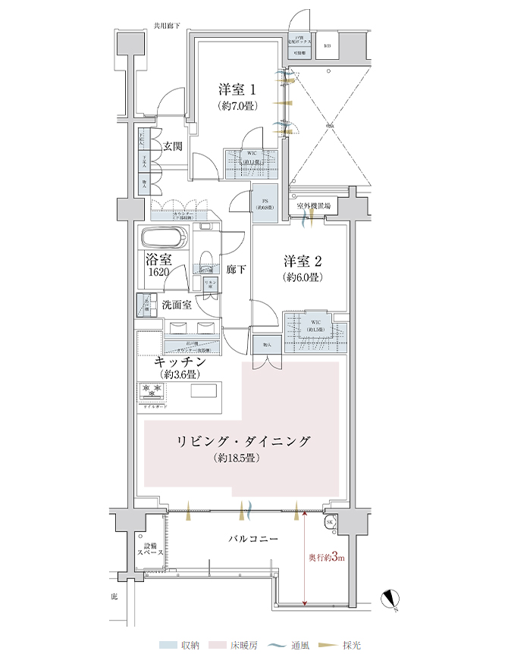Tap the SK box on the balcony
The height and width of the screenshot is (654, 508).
(330, 523)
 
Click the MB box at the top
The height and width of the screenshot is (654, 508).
(328, 45)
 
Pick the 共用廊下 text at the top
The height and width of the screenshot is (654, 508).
(166, 26)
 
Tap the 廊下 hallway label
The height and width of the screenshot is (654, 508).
(234, 269)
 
